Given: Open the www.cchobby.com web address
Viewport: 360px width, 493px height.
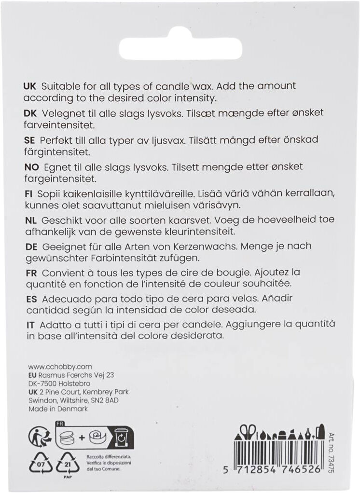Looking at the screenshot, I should [60, 367].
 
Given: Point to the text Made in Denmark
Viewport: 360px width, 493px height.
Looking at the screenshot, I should [58, 408].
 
